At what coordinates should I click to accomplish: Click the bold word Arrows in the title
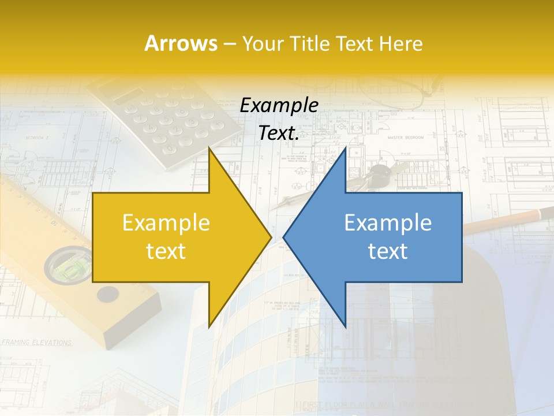[181, 43]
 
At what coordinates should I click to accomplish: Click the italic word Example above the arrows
[279, 106]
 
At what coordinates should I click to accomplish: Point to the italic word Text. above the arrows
[279, 133]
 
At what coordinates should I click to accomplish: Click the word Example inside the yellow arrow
[166, 223]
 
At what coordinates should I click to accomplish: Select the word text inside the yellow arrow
[166, 251]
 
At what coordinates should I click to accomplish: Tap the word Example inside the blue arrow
[388, 223]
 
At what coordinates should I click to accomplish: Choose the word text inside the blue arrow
[388, 251]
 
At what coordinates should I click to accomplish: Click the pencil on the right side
[508, 221]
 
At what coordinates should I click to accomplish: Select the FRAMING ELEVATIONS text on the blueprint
[36, 343]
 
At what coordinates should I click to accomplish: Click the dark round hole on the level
[107, 295]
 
